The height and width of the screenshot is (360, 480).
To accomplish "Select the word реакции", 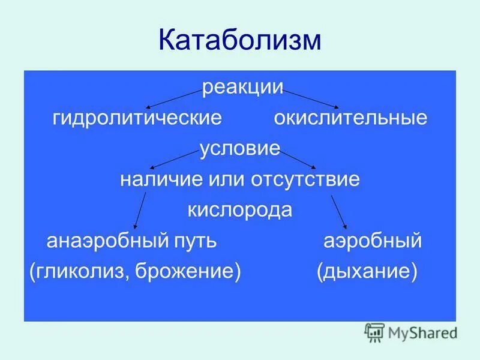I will coord(242,88).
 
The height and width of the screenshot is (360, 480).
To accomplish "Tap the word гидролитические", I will coord(137,118).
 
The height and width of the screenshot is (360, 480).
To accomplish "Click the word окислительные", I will coord(350,118).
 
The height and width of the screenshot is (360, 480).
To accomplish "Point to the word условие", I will coord(240,148).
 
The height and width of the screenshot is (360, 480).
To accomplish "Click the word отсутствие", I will coord(310,179).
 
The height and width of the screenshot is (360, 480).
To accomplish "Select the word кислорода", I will coord(240,210).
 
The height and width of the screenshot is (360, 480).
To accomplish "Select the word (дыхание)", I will coord(367,272).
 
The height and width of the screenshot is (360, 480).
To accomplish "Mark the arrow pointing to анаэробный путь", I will coord(139,210).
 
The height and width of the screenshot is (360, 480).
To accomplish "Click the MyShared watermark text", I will coord(422,332).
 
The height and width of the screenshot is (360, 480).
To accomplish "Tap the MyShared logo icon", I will coord(374,332).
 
